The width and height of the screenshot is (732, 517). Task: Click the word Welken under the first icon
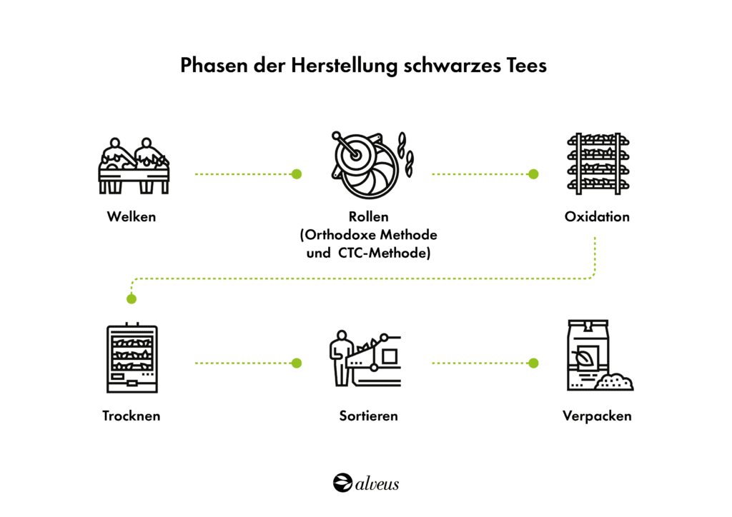click(x=132, y=216)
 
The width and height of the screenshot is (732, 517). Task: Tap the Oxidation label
click(x=597, y=216)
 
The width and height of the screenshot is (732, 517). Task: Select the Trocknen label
click(x=132, y=416)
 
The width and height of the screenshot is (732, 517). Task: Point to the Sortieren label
click(x=368, y=416)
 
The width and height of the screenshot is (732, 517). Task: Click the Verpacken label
click(x=597, y=416)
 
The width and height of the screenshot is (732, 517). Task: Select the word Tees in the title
click(x=526, y=66)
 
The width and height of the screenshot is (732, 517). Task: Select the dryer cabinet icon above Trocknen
click(x=132, y=358)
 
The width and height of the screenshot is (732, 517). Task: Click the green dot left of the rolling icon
click(x=297, y=174)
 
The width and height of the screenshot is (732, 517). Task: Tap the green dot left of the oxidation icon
click(x=533, y=174)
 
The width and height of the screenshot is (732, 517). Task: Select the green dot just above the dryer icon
click(x=131, y=298)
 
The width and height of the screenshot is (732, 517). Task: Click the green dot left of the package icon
click(x=533, y=363)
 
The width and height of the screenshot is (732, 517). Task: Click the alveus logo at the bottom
click(x=366, y=483)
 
